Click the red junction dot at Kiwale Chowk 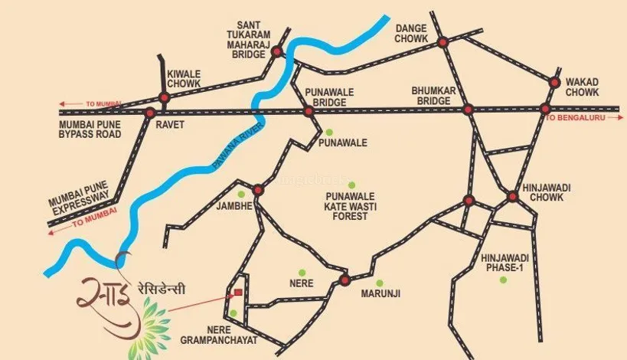(x=163, y=97)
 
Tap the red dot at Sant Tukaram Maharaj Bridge (x=278, y=52)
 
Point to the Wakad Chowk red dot (x=556, y=81)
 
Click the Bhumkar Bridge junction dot (x=468, y=110)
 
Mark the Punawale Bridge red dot (x=309, y=111)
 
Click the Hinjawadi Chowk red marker (x=513, y=197)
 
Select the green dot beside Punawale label (x=329, y=132)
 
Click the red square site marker (x=238, y=293)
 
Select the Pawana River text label (x=237, y=146)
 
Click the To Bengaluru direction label (x=574, y=119)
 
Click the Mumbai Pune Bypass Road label (x=90, y=129)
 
